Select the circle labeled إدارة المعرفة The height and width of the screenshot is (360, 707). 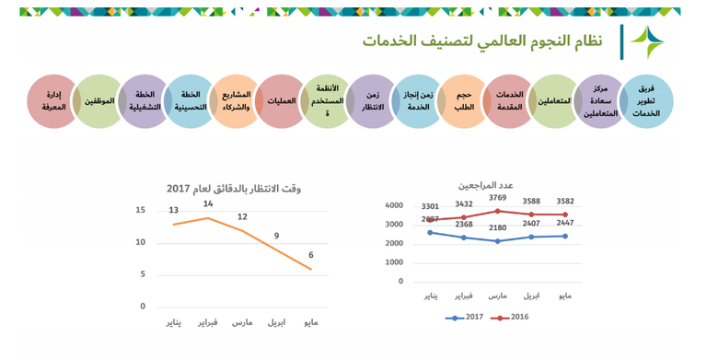coord(53,101)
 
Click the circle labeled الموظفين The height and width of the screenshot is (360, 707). coord(99,101)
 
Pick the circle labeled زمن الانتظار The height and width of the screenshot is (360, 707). coord(372,101)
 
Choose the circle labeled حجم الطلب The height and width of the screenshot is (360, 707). coord(463,101)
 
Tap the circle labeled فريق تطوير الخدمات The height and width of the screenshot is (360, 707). coord(645,101)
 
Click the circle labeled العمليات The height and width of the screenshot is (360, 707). coord(281,101)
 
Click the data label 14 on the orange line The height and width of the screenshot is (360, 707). coord(208,203)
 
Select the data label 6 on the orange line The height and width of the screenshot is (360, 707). coord(310,255)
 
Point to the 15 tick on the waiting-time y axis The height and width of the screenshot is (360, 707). coord(140,210)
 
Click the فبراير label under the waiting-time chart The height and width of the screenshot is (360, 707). coord(208,323)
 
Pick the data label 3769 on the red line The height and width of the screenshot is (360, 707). coord(497,198)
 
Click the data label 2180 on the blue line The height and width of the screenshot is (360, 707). coord(497,227)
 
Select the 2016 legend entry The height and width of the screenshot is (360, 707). coord(513,318)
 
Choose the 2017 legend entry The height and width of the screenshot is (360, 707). coord(466,318)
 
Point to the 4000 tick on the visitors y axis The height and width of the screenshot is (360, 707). coord(393,205)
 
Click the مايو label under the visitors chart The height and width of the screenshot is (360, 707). coord(565,296)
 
